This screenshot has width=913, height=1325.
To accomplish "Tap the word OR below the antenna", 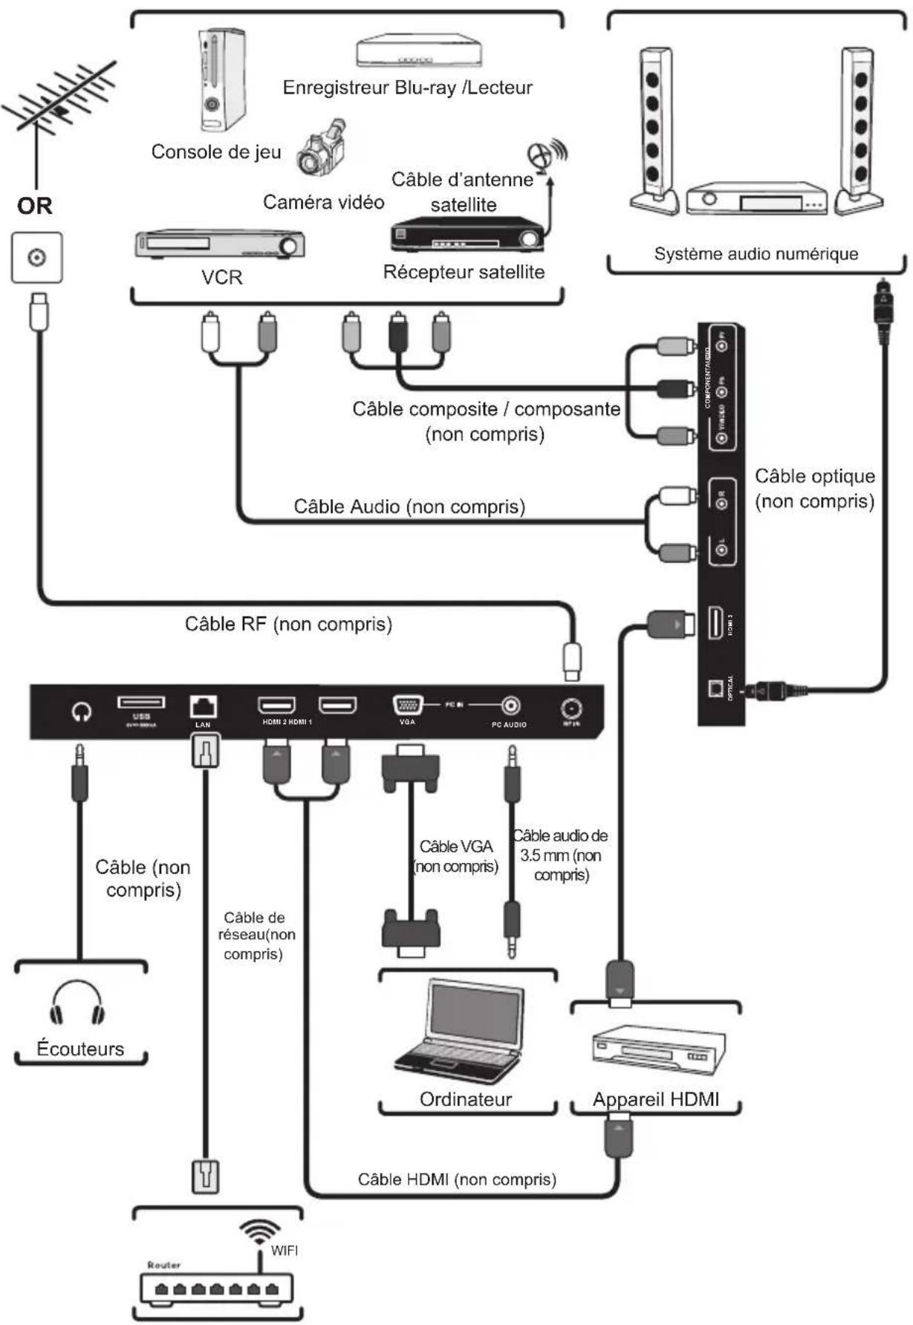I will (x=35, y=206).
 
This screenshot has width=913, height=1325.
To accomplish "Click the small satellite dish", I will (x=545, y=154).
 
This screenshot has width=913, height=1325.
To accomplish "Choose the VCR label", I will (x=221, y=278).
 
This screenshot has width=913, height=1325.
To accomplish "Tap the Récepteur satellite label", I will (x=464, y=273).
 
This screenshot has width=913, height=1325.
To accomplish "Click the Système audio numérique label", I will (x=756, y=254).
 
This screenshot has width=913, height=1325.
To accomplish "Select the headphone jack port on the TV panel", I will (x=82, y=712).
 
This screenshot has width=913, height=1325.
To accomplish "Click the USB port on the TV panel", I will (x=141, y=702).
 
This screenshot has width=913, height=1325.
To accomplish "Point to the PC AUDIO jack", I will (x=510, y=705).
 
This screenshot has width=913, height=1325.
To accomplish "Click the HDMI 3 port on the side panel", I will (x=715, y=622).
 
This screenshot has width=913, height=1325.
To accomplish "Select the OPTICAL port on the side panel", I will (x=715, y=688).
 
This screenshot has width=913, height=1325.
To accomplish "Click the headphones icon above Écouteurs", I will (x=78, y=1003).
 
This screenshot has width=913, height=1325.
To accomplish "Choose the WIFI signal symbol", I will (x=259, y=1231).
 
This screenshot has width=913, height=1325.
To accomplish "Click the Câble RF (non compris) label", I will (x=288, y=624).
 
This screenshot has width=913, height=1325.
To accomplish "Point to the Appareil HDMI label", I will (x=656, y=1099).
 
